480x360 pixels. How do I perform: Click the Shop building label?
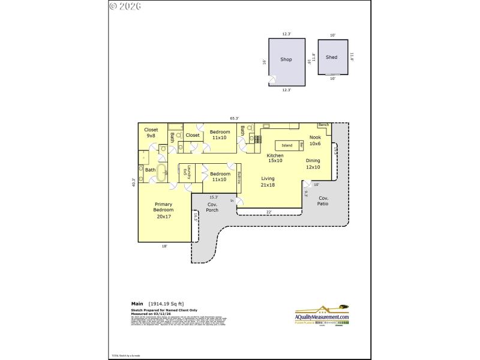[286, 59]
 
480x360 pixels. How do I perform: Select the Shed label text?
[331, 58]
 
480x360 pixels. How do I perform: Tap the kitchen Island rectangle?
[287, 145]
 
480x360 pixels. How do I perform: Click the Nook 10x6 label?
[315, 140]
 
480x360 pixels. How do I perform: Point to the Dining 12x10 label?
[313, 164]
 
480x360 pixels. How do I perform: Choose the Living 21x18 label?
[268, 182]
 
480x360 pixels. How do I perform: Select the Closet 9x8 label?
[151, 133]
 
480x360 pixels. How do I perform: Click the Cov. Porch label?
[212, 207]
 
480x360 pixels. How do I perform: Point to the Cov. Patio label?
[323, 201]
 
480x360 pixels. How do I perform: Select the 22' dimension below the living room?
[269, 211]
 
